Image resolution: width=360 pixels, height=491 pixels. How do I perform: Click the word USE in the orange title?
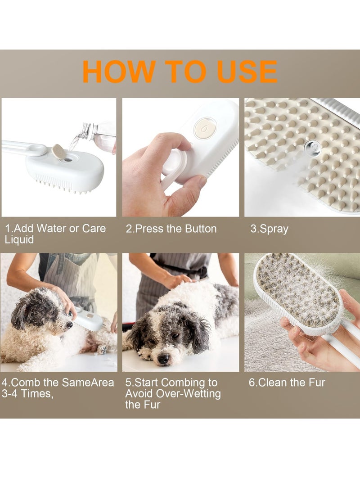[246, 72]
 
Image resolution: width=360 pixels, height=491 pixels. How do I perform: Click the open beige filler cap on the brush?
[58, 151]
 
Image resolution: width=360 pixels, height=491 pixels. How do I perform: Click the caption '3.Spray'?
[269, 229]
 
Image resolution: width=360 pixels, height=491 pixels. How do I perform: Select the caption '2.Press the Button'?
[171, 229]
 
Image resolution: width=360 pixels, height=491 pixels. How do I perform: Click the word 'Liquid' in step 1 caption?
[19, 239]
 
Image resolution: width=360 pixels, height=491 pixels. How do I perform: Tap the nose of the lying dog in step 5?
[163, 359]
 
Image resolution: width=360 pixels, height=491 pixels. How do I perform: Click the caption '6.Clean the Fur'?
[287, 383]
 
